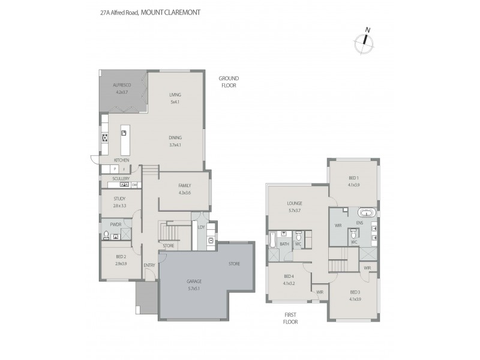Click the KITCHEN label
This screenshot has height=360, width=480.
[x=122, y=160]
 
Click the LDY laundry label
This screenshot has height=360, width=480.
[x=202, y=227]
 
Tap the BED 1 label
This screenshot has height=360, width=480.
[x=353, y=178]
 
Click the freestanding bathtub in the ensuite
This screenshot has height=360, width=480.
[x=367, y=213]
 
